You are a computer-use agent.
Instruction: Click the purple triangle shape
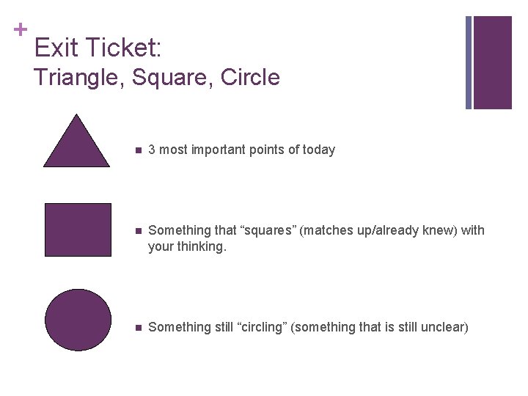click(77, 147)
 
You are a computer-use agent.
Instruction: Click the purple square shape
click(78, 230)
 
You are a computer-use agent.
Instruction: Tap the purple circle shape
click(78, 320)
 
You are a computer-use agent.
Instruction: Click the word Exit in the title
click(57, 48)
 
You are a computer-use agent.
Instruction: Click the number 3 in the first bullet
click(152, 150)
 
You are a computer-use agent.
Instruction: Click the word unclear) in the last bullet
click(444, 327)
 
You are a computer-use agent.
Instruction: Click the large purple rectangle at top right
click(492, 62)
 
